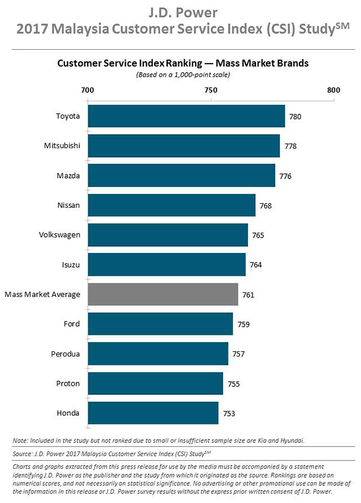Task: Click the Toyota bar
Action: [x=186, y=116]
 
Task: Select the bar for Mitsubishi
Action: [x=183, y=145]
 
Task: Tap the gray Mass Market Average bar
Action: [x=163, y=295]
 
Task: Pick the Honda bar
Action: [x=153, y=413]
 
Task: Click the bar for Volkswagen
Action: [x=168, y=235]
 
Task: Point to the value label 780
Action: [x=295, y=117]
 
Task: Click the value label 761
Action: [x=248, y=295]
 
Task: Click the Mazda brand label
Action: [x=68, y=176]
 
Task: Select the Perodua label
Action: [x=65, y=354]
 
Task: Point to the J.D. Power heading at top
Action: [x=183, y=12]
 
